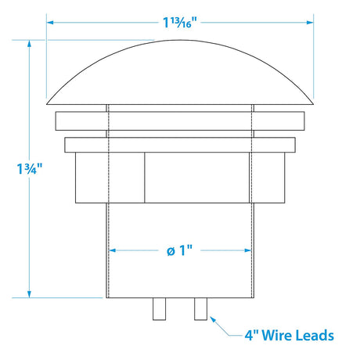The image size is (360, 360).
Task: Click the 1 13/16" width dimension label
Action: [179, 23]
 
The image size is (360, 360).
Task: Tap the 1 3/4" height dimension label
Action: [29, 169]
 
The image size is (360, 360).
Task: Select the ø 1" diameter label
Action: [179, 250]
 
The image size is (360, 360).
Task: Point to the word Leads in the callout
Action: [315, 335]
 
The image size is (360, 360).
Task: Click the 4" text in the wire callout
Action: [251, 335]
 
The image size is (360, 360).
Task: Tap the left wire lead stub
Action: [159, 309]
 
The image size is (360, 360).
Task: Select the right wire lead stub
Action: [200, 309]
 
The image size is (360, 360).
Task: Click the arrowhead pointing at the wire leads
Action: [213, 319]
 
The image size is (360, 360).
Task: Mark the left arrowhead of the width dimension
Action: [50, 23]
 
